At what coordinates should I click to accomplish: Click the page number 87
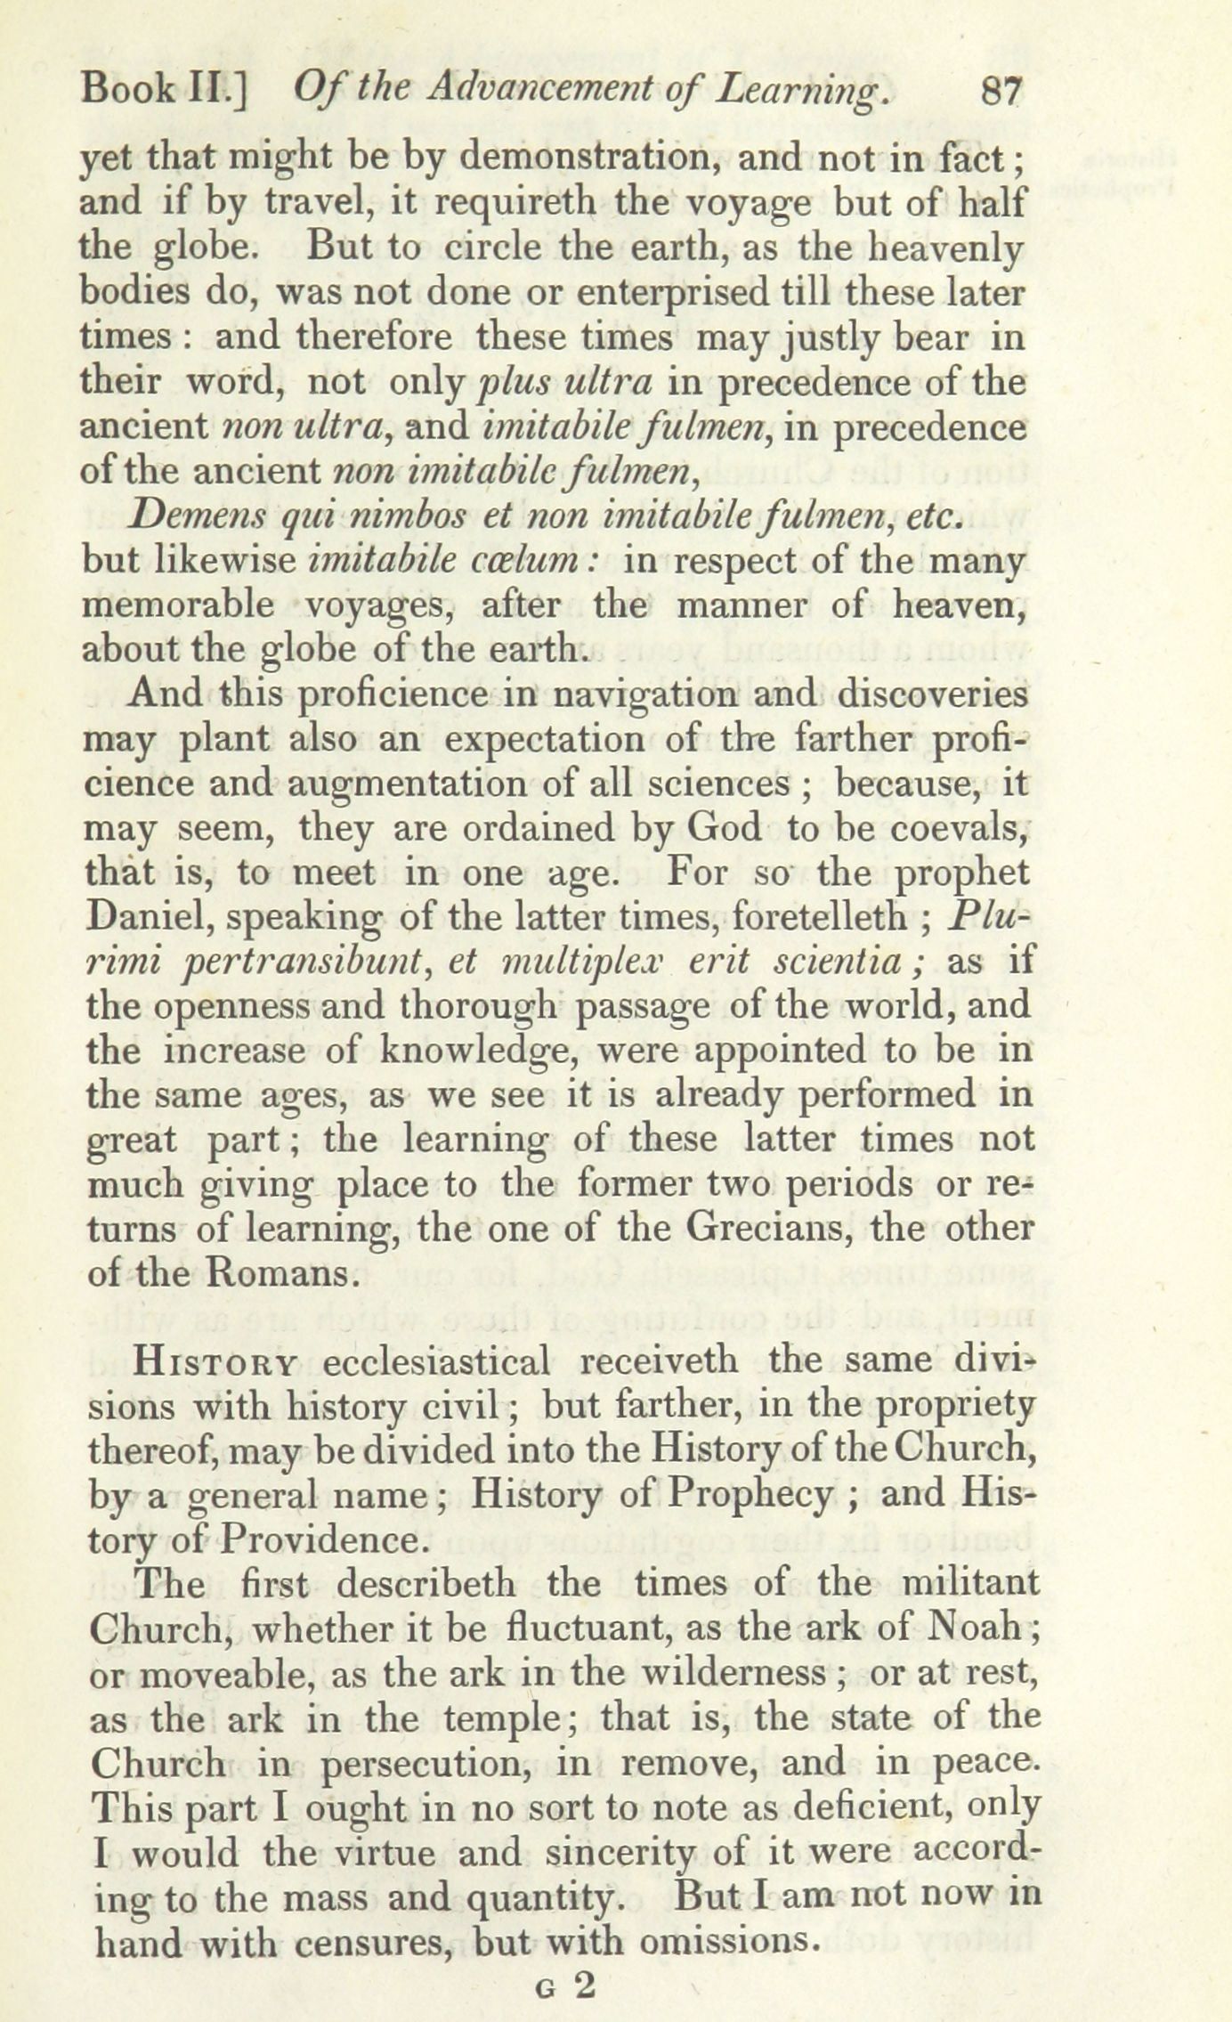click(x=1001, y=93)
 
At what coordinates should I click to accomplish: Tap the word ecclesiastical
click(x=435, y=1363)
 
